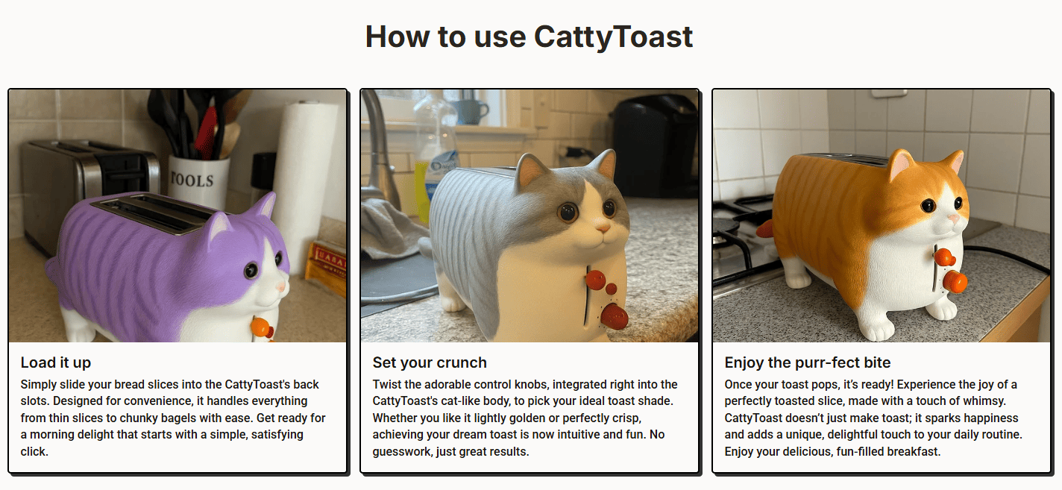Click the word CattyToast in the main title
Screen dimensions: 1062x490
pos(613,37)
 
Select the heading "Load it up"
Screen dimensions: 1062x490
pos(55,362)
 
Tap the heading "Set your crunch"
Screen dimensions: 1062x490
pos(430,362)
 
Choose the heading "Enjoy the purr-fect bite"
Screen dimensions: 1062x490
pos(808,362)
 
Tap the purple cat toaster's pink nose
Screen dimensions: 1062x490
pos(281,287)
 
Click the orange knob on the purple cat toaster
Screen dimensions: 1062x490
pos(262,329)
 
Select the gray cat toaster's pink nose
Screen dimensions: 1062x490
pos(603,227)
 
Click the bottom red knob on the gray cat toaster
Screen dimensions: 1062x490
pos(615,316)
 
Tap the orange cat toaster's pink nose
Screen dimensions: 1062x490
pos(953,219)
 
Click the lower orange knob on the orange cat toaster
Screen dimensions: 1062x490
pos(955,282)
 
